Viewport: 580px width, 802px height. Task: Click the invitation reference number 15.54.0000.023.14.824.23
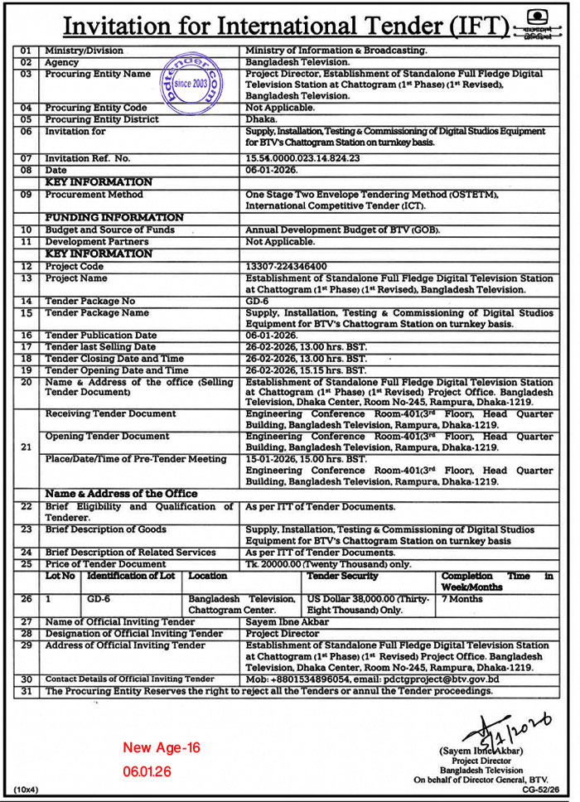click(303, 157)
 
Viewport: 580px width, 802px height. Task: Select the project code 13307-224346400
click(287, 267)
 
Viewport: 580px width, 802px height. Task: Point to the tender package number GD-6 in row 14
click(257, 302)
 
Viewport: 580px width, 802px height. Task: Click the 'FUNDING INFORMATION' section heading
click(114, 217)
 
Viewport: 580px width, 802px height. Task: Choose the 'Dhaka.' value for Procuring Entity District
click(262, 118)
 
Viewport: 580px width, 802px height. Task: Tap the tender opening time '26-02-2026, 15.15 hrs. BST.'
click(306, 370)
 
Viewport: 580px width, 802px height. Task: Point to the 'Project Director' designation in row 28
click(283, 633)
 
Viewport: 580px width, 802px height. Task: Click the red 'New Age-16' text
click(162, 748)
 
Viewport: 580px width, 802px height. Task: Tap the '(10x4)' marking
click(26, 790)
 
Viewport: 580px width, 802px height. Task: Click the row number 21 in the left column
click(26, 447)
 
